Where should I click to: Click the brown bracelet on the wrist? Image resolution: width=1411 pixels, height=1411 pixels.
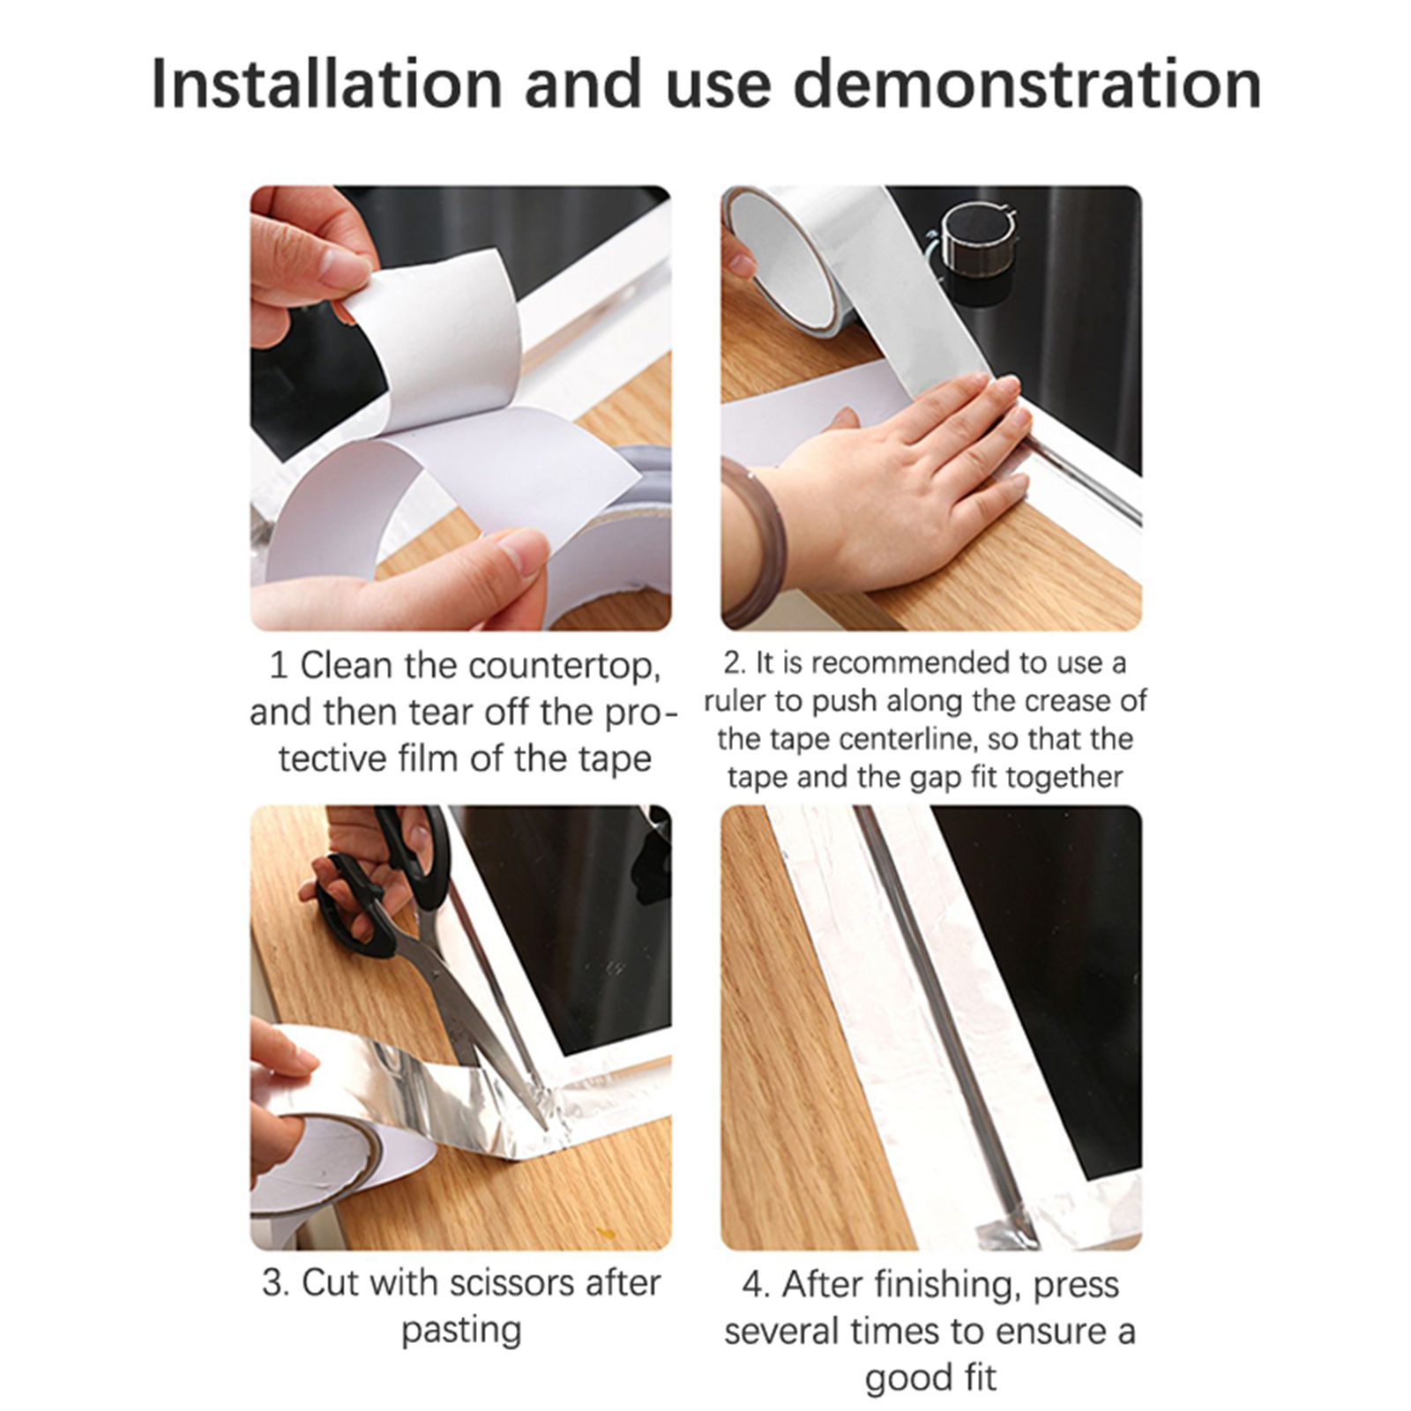coord(754,542)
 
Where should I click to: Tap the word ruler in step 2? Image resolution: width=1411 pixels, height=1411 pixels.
coord(735,701)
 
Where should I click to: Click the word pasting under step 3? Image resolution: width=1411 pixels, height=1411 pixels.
coord(461,1330)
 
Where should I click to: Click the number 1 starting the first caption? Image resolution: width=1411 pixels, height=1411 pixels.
coord(279,666)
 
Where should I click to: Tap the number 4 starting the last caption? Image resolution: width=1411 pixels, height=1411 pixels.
coord(755,1285)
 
